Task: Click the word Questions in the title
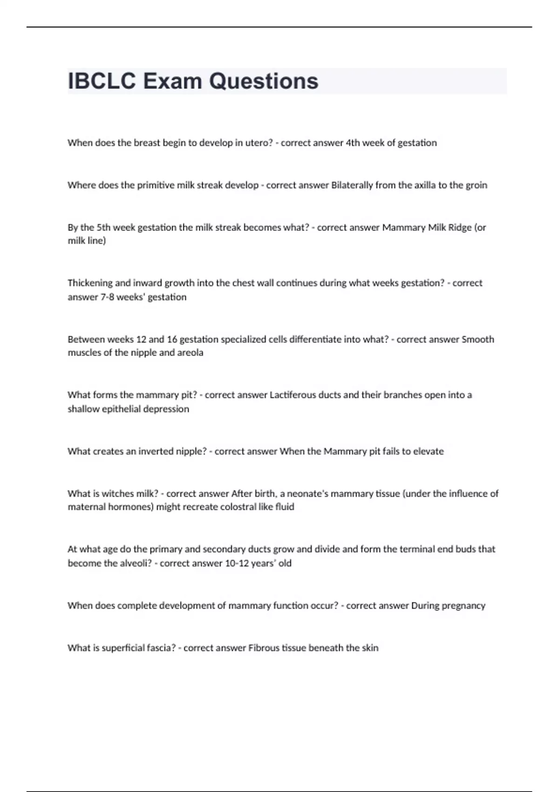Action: tap(263, 81)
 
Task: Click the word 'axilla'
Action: tap(425, 185)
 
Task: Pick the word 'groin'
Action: tap(476, 185)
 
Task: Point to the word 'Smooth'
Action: tap(477, 339)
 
